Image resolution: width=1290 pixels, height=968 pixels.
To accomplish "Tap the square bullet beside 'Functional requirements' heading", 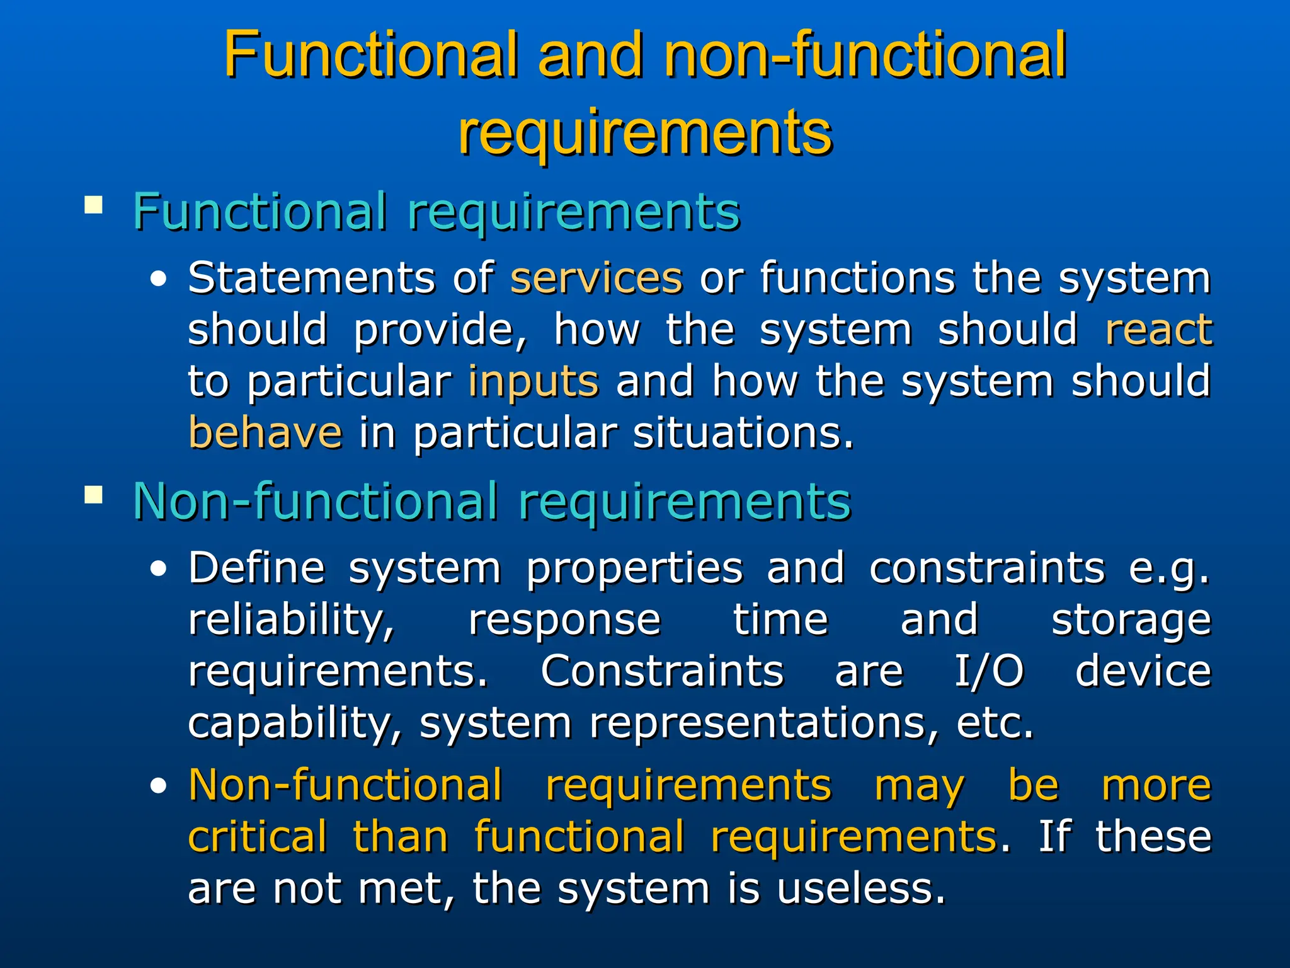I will [x=93, y=205].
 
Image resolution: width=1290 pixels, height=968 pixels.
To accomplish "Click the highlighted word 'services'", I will [x=596, y=278].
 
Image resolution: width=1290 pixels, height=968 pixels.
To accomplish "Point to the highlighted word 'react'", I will [x=1158, y=330].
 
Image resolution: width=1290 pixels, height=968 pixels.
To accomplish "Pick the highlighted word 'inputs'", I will [x=533, y=381].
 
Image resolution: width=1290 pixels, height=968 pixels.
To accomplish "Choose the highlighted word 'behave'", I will [x=265, y=433].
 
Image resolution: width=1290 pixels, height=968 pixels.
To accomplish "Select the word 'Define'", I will [x=256, y=568].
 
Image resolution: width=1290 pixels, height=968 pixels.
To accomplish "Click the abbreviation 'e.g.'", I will [x=1169, y=569].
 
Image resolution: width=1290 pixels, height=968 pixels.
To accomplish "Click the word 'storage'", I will [x=1131, y=621].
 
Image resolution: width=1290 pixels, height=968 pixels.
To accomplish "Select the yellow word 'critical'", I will [x=258, y=837].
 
